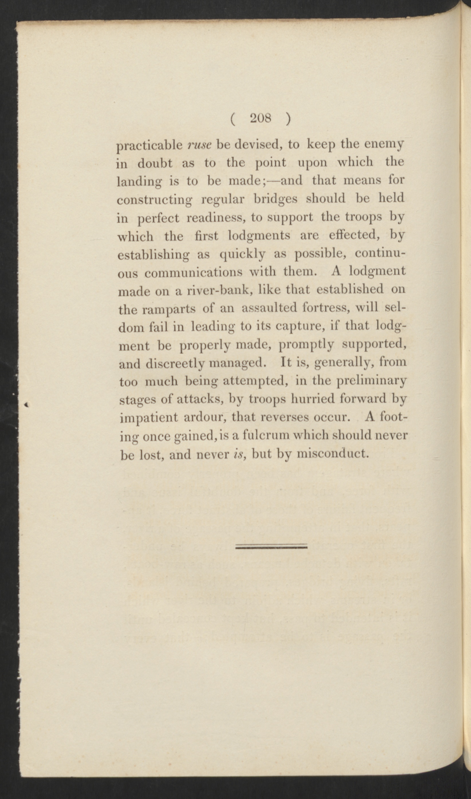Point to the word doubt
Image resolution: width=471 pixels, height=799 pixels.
(x=155, y=163)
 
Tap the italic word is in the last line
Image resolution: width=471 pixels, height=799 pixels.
(x=238, y=454)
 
